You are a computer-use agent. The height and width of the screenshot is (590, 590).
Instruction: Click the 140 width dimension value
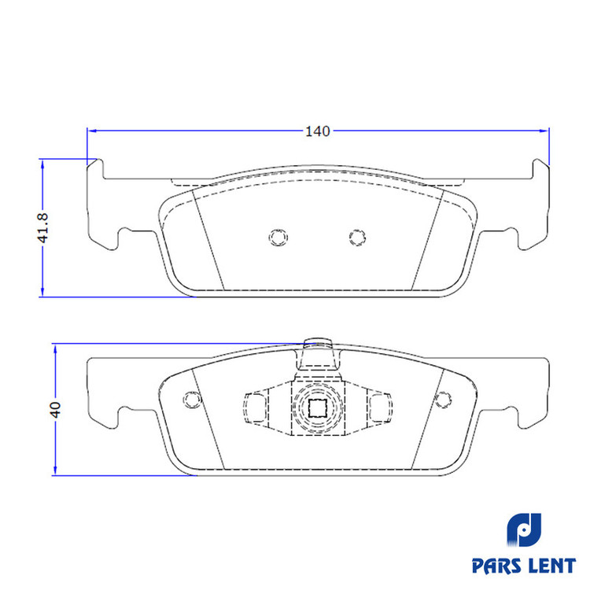(318, 131)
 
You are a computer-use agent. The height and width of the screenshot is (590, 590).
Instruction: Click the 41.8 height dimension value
(43, 227)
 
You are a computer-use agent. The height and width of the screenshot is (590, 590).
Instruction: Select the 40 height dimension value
(55, 409)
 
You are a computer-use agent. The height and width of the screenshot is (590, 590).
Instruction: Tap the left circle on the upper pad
(278, 238)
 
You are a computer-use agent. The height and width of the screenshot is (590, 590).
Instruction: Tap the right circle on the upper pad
(357, 238)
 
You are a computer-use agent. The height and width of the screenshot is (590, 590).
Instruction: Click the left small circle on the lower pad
(192, 399)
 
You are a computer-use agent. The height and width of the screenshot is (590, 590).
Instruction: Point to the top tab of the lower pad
(319, 353)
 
